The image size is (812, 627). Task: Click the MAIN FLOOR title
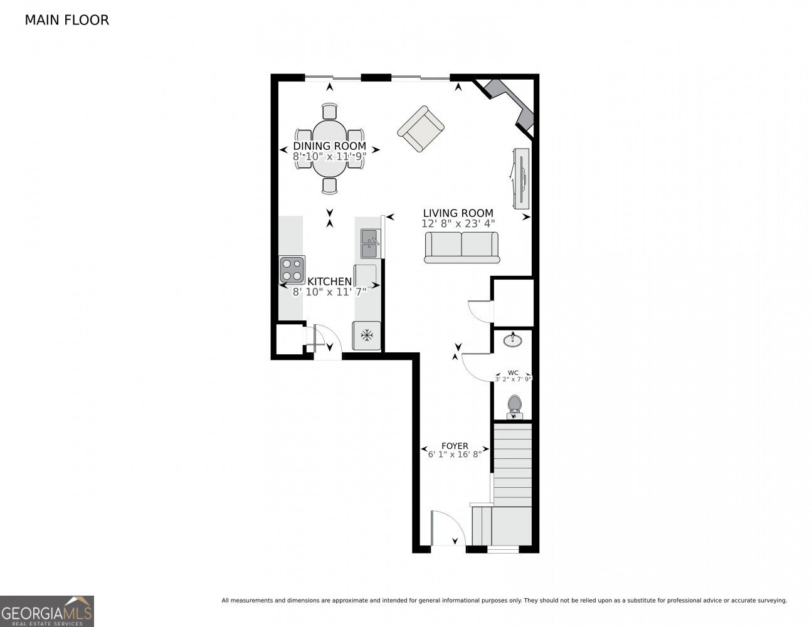coord(66,20)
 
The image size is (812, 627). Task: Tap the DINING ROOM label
coord(329,146)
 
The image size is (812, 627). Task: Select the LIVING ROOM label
coord(458,213)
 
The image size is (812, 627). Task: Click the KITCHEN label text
coord(329,282)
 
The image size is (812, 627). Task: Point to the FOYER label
coord(455,446)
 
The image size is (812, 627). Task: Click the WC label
coord(513,372)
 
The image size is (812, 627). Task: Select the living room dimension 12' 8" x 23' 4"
coord(458,223)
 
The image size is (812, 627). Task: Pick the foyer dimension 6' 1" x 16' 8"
coord(455,455)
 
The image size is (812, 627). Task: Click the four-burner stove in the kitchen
coord(292,270)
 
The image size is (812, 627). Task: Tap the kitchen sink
coord(370,243)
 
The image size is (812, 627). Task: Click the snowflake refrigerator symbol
coord(366,335)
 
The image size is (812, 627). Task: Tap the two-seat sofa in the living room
coord(462,247)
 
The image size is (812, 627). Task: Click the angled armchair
coord(421,128)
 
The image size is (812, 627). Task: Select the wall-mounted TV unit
coord(521,179)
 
